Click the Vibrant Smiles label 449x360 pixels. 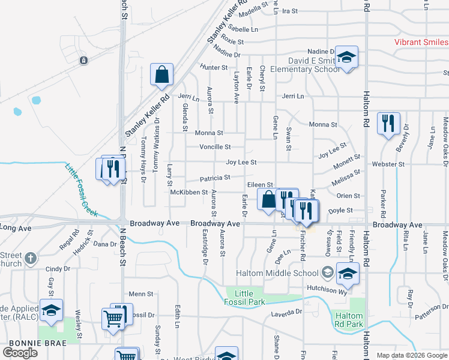click(x=421, y=42)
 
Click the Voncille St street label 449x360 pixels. click(x=215, y=147)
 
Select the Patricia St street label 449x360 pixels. click(x=215, y=178)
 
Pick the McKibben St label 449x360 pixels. click(x=189, y=193)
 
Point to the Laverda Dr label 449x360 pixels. click(x=286, y=313)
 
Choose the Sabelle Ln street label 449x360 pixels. click(x=243, y=29)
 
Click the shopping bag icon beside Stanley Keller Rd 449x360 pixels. click(x=161, y=75)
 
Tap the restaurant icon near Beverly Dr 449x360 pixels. click(x=388, y=124)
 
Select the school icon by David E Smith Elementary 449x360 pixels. click(x=346, y=57)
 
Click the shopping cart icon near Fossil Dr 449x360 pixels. click(x=113, y=318)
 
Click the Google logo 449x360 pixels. click(x=20, y=352)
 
